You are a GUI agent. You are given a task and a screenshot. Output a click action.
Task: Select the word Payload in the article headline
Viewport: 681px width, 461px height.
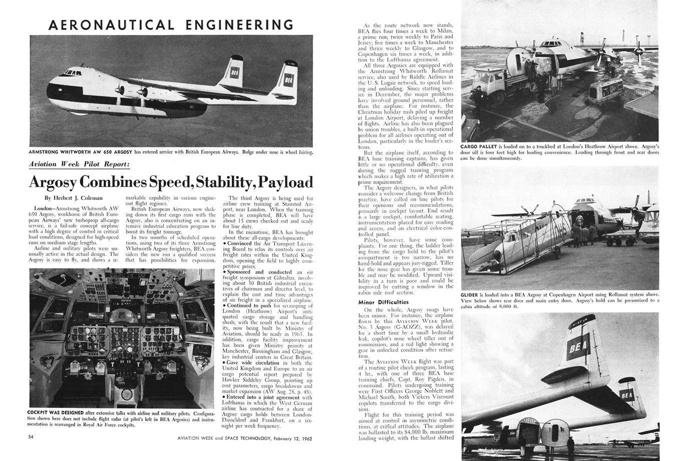(284, 181)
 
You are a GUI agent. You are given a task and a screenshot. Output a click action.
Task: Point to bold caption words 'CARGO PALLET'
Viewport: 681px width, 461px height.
(480, 146)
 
